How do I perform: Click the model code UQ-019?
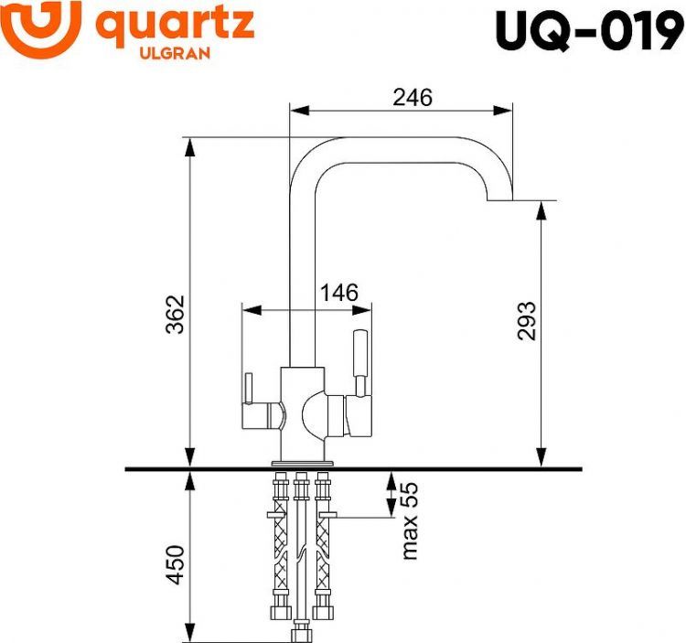588,33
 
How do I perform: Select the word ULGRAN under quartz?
174,53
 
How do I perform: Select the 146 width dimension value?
338,293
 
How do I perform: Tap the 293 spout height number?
528,322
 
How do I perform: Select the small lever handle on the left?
247,388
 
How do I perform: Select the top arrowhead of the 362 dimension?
190,145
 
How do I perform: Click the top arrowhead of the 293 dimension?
541,208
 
